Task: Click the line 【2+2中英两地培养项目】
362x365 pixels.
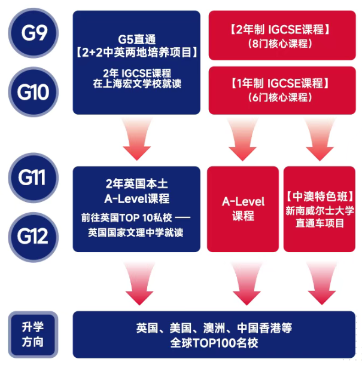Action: point(137,53)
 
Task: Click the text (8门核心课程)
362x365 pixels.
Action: point(280,43)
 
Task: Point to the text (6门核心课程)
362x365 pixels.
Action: point(280,97)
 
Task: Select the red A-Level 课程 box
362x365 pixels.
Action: point(243,208)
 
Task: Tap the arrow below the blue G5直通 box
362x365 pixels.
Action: point(136,140)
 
